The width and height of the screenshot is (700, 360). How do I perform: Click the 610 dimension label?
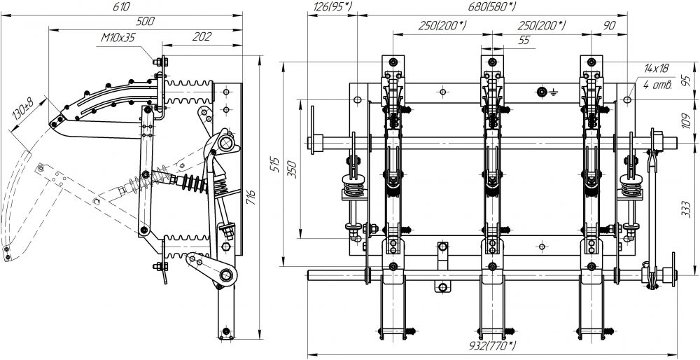click(122, 7)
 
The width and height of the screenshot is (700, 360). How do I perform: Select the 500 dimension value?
click(145, 22)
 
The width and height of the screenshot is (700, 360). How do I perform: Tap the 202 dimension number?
click(202, 36)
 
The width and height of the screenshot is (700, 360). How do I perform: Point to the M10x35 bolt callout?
click(118, 38)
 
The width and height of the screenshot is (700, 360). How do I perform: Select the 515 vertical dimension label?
click(275, 166)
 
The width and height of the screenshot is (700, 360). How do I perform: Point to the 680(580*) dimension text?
click(491, 7)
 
